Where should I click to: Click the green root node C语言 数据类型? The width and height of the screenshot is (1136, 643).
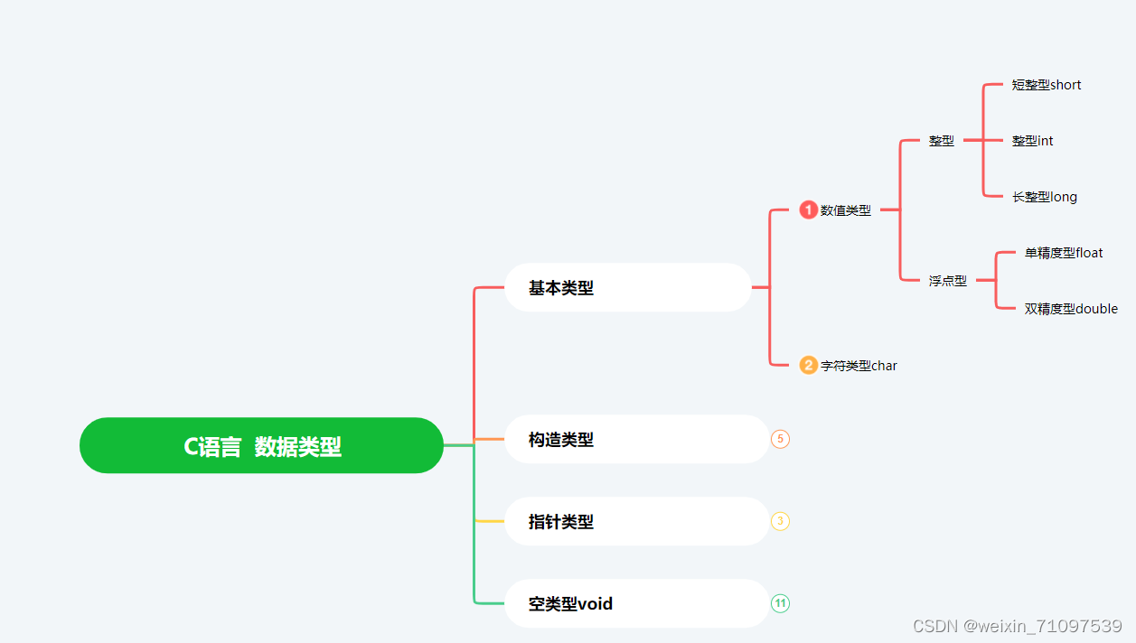(x=262, y=445)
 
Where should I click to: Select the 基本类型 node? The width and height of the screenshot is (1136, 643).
(x=627, y=288)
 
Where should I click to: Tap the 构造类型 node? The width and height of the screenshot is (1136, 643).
(x=636, y=440)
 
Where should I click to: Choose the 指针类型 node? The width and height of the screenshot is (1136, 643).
(x=636, y=522)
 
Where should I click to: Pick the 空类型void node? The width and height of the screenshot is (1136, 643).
(x=636, y=603)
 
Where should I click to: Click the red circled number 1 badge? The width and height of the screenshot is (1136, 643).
(x=808, y=210)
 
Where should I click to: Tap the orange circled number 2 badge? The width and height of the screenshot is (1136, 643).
(x=808, y=366)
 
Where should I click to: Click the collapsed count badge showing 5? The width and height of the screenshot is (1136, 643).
(x=781, y=440)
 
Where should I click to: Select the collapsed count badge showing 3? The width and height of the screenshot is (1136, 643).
(x=781, y=522)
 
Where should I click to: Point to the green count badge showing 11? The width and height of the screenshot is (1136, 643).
(x=781, y=603)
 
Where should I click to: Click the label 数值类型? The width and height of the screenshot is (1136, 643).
(x=846, y=210)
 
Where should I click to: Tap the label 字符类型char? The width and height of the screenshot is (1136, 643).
(x=859, y=366)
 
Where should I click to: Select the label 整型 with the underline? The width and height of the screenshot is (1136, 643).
(x=942, y=141)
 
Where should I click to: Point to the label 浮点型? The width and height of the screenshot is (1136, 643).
(x=948, y=281)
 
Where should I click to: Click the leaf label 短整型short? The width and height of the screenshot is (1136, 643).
(x=1047, y=85)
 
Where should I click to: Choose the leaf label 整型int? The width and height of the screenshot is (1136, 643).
(x=1033, y=141)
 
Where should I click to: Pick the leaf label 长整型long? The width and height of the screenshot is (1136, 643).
(x=1045, y=197)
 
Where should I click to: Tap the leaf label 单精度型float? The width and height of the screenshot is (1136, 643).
(x=1064, y=253)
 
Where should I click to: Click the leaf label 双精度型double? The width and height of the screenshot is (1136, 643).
(x=1071, y=309)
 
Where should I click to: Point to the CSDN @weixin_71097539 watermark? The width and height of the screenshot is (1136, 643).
(x=1017, y=626)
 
